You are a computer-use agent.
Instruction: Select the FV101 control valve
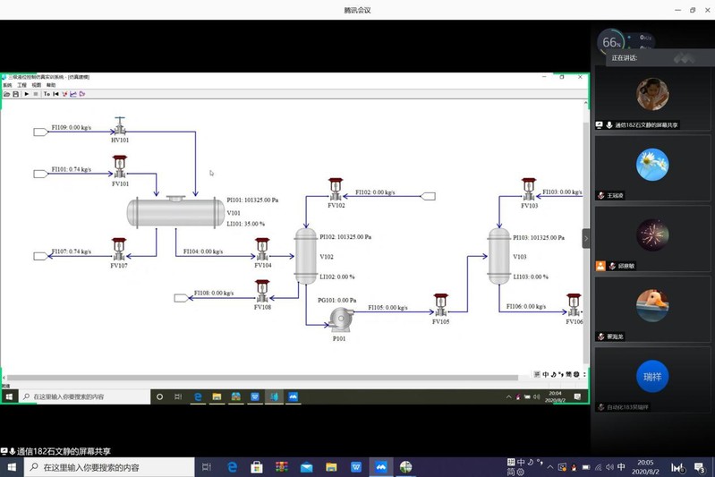[x=120, y=167]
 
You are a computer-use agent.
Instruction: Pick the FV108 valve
[x=262, y=291]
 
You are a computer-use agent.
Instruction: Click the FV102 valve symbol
[x=336, y=190]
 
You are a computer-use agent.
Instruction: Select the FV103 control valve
[x=529, y=190]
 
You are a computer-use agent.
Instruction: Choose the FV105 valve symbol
[x=440, y=305]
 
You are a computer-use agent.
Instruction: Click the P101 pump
[x=340, y=320]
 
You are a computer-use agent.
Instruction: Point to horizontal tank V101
[x=175, y=213]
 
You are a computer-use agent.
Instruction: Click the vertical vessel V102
[x=306, y=256]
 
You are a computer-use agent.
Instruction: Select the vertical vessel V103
[x=498, y=256]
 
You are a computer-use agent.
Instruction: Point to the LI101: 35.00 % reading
[x=246, y=224]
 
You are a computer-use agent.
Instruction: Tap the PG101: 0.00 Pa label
[x=337, y=301]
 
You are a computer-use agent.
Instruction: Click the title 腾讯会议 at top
[x=357, y=10]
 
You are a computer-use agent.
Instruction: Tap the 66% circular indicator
[x=611, y=42]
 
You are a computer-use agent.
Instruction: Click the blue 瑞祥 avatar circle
[x=652, y=377]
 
